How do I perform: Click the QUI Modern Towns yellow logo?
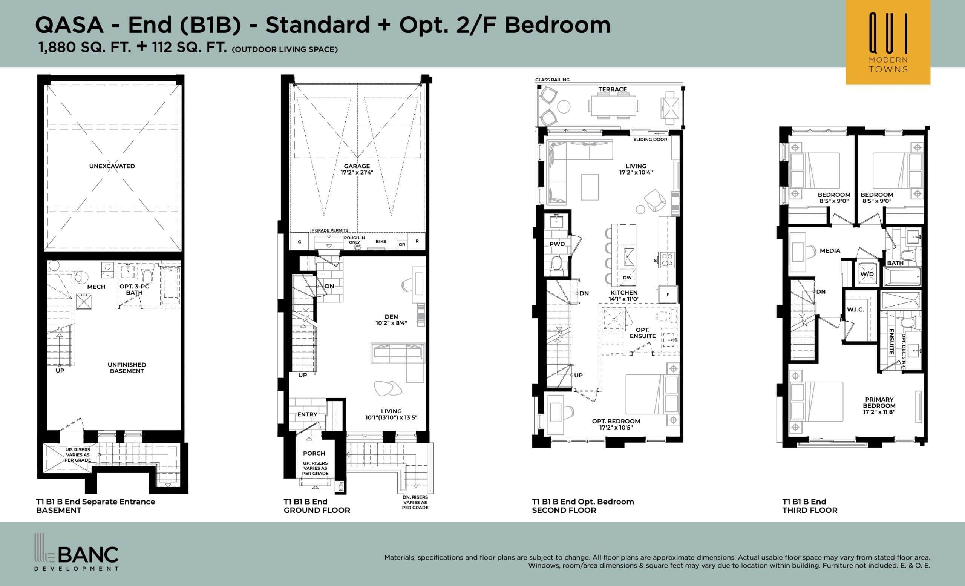pos(887,42)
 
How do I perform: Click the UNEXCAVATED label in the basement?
pos(112,166)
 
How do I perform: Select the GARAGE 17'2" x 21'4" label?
pos(356,169)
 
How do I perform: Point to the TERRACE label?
pos(613,89)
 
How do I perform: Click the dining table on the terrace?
pos(613,106)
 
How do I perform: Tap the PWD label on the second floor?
pos(557,244)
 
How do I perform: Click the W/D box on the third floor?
pos(866,274)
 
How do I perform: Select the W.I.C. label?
pos(855,310)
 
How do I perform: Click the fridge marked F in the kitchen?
pos(668,295)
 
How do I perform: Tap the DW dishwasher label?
pos(627,278)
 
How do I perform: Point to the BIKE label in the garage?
pos(381,242)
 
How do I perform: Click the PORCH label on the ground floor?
pos(314,453)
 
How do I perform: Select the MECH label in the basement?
pos(96,287)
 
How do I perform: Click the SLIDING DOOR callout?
pos(650,140)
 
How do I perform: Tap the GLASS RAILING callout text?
pos(552,80)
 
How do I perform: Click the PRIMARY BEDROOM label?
pos(879,405)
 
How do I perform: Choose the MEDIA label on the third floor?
pos(830,251)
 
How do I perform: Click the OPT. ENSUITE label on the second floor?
pos(643,333)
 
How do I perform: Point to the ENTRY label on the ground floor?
pos(307,414)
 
